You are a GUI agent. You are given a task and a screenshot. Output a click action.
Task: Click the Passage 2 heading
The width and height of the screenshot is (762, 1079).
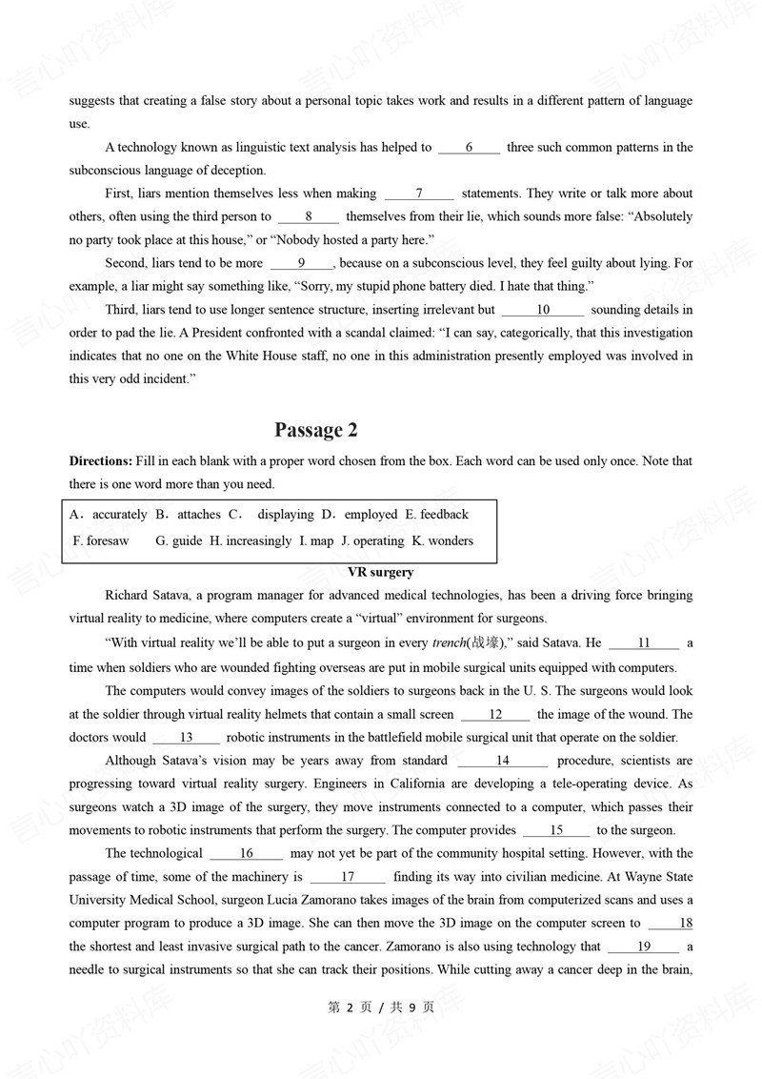315,430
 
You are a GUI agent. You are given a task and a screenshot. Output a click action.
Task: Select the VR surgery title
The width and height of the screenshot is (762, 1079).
381,572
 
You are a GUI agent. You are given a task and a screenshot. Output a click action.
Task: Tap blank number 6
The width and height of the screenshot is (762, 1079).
469,148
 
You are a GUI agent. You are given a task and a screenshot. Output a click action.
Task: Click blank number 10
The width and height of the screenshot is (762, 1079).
543,310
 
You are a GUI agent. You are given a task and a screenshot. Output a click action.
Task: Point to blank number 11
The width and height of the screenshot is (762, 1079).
644,643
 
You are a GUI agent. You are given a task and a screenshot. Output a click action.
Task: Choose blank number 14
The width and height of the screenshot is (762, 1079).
502,761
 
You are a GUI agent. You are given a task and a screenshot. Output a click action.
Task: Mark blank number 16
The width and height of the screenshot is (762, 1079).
246,854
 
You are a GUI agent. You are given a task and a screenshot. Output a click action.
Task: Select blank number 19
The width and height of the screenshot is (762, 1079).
644,947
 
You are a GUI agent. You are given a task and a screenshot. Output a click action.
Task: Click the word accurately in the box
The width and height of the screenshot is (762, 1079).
119,515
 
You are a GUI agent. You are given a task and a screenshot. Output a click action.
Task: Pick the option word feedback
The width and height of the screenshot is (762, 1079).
444,515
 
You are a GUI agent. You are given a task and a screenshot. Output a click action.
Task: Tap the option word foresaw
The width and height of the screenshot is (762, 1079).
101,541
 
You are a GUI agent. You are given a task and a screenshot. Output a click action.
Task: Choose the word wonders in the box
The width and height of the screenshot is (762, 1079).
451,541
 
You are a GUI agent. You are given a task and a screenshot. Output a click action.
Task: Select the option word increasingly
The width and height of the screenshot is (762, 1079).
258,541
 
